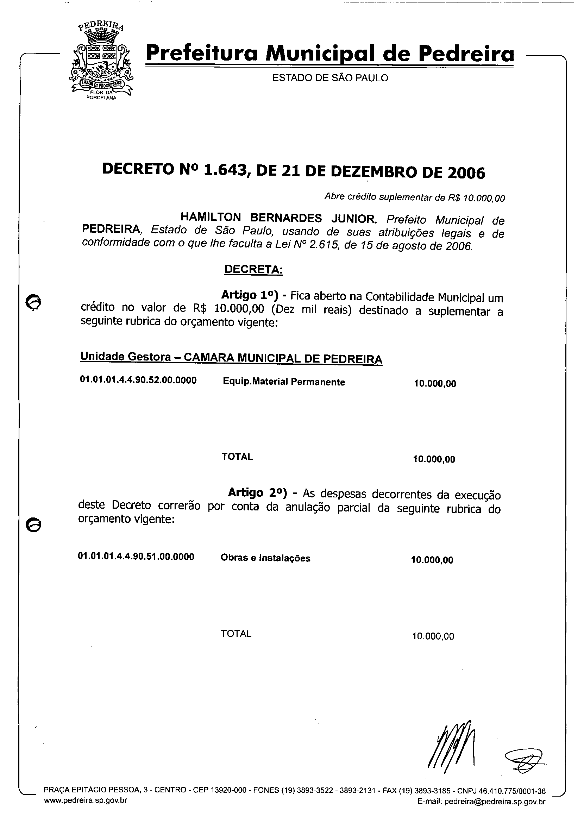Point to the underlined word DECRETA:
(253, 269)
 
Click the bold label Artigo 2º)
(257, 492)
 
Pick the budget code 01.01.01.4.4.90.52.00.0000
(138, 381)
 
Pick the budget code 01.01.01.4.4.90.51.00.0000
(136, 557)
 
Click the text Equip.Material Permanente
(284, 382)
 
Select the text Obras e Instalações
(265, 558)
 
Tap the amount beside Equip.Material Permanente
(435, 384)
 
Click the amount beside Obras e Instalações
(432, 560)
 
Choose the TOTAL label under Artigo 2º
(236, 634)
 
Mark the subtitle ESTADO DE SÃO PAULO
(330, 78)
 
